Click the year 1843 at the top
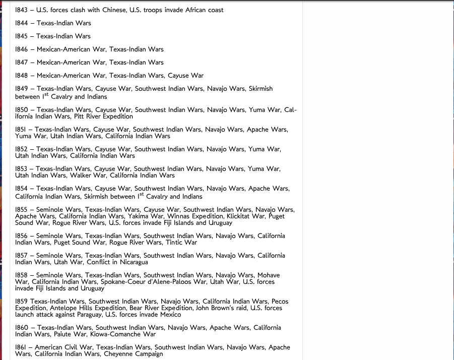tap(21, 10)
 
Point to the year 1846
tap(21, 49)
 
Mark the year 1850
tap(22, 110)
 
